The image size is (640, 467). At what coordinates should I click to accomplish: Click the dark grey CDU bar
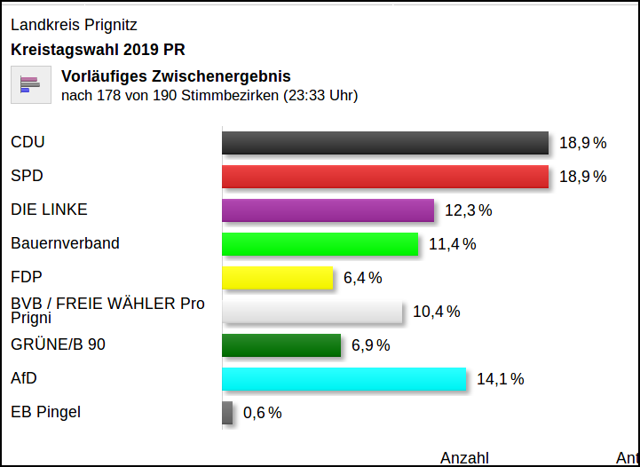pos(385,143)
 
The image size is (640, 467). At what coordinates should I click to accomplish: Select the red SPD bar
pos(385,177)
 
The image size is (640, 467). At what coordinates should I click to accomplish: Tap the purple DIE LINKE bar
pos(328,210)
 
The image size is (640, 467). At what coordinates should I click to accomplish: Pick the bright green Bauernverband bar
pos(320,244)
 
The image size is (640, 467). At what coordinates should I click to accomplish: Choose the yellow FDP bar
pos(277,278)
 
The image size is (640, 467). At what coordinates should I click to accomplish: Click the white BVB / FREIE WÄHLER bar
pos(312,312)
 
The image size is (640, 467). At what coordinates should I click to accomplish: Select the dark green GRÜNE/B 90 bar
pos(281,345)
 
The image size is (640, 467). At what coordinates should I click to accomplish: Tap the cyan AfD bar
pos(344,379)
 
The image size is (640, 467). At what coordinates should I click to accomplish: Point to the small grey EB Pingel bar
pos(227,413)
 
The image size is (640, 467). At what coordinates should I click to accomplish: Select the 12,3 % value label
pos(468,210)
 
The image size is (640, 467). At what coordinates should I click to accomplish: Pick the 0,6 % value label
pos(262,413)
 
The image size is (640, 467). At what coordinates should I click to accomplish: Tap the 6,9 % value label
pos(370,345)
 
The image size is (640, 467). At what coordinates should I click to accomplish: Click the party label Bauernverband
pos(65,243)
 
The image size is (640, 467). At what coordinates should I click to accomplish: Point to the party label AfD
pos(24,378)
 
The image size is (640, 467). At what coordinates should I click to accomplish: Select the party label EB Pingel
pos(45,412)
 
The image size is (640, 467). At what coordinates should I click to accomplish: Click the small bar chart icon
pos(30,84)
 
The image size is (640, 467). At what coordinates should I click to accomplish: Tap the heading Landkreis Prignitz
pos(74,25)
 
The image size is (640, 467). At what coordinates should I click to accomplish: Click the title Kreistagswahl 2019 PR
pos(98,50)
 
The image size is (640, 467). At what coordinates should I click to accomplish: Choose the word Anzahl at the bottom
pos(464,458)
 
